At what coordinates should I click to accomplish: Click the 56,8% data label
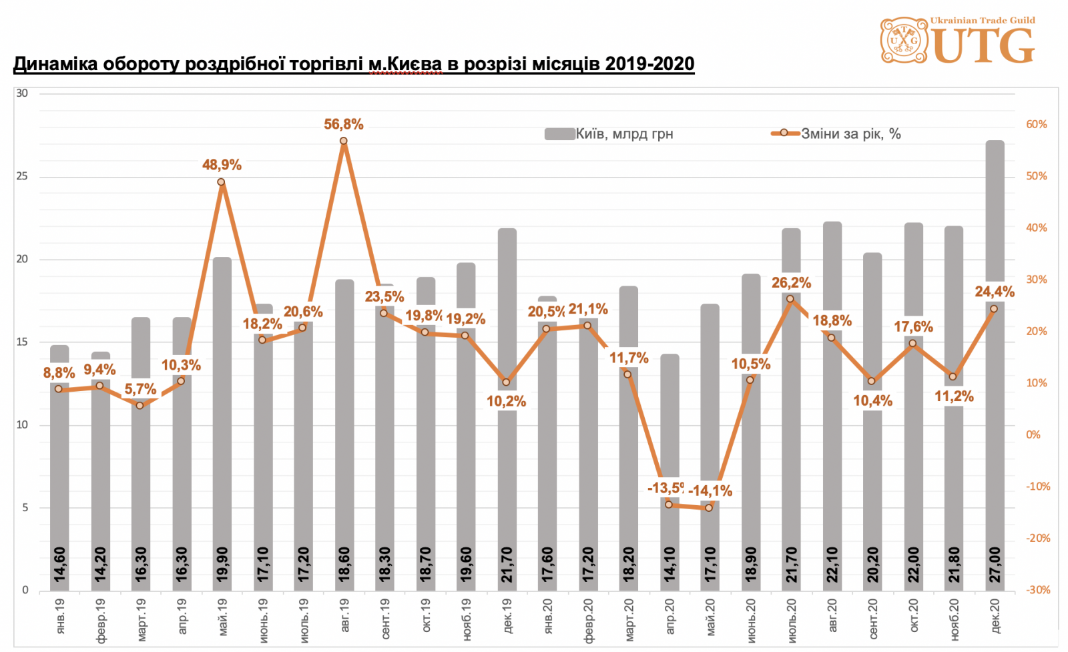click(x=344, y=124)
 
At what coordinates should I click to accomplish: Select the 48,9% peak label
click(x=222, y=165)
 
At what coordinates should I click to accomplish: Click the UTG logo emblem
click(x=904, y=41)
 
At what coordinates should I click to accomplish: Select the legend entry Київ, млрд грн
click(x=609, y=134)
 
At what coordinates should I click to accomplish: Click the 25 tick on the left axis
click(x=23, y=176)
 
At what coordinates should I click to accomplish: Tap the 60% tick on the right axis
click(x=1036, y=125)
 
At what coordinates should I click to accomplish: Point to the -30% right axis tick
click(x=1037, y=590)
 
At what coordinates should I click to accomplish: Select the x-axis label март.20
click(x=629, y=620)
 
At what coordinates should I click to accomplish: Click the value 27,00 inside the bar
click(x=995, y=565)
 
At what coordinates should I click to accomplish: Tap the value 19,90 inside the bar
click(x=222, y=565)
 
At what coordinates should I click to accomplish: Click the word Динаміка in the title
click(x=55, y=64)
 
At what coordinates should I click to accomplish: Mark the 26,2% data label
click(x=791, y=283)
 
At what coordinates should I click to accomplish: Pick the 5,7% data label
click(x=140, y=389)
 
